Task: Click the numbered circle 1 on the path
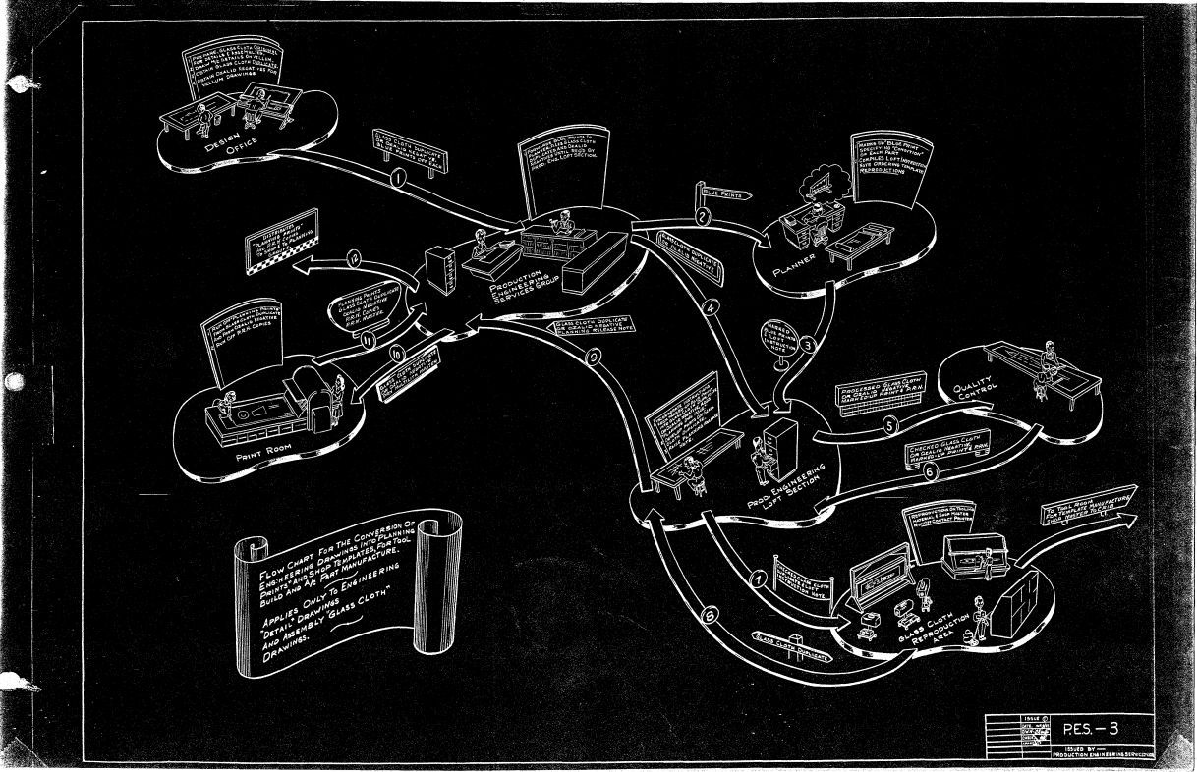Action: (398, 180)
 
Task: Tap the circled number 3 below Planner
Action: (807, 344)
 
